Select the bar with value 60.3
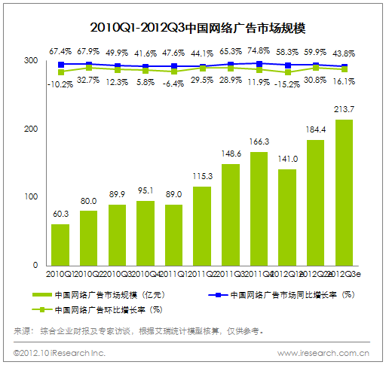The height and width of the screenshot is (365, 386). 60,245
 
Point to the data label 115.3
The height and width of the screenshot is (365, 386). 202,176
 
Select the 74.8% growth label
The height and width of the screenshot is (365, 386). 259,52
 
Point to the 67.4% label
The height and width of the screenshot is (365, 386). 61,52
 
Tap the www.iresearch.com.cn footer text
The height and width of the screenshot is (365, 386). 323,352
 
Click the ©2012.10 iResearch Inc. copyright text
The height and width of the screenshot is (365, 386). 60,352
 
